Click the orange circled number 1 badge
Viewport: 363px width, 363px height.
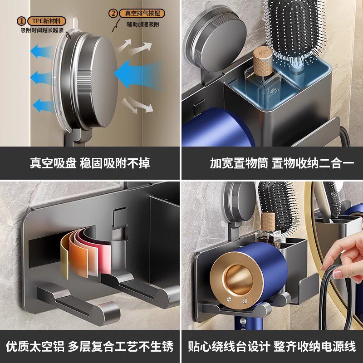21,20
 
